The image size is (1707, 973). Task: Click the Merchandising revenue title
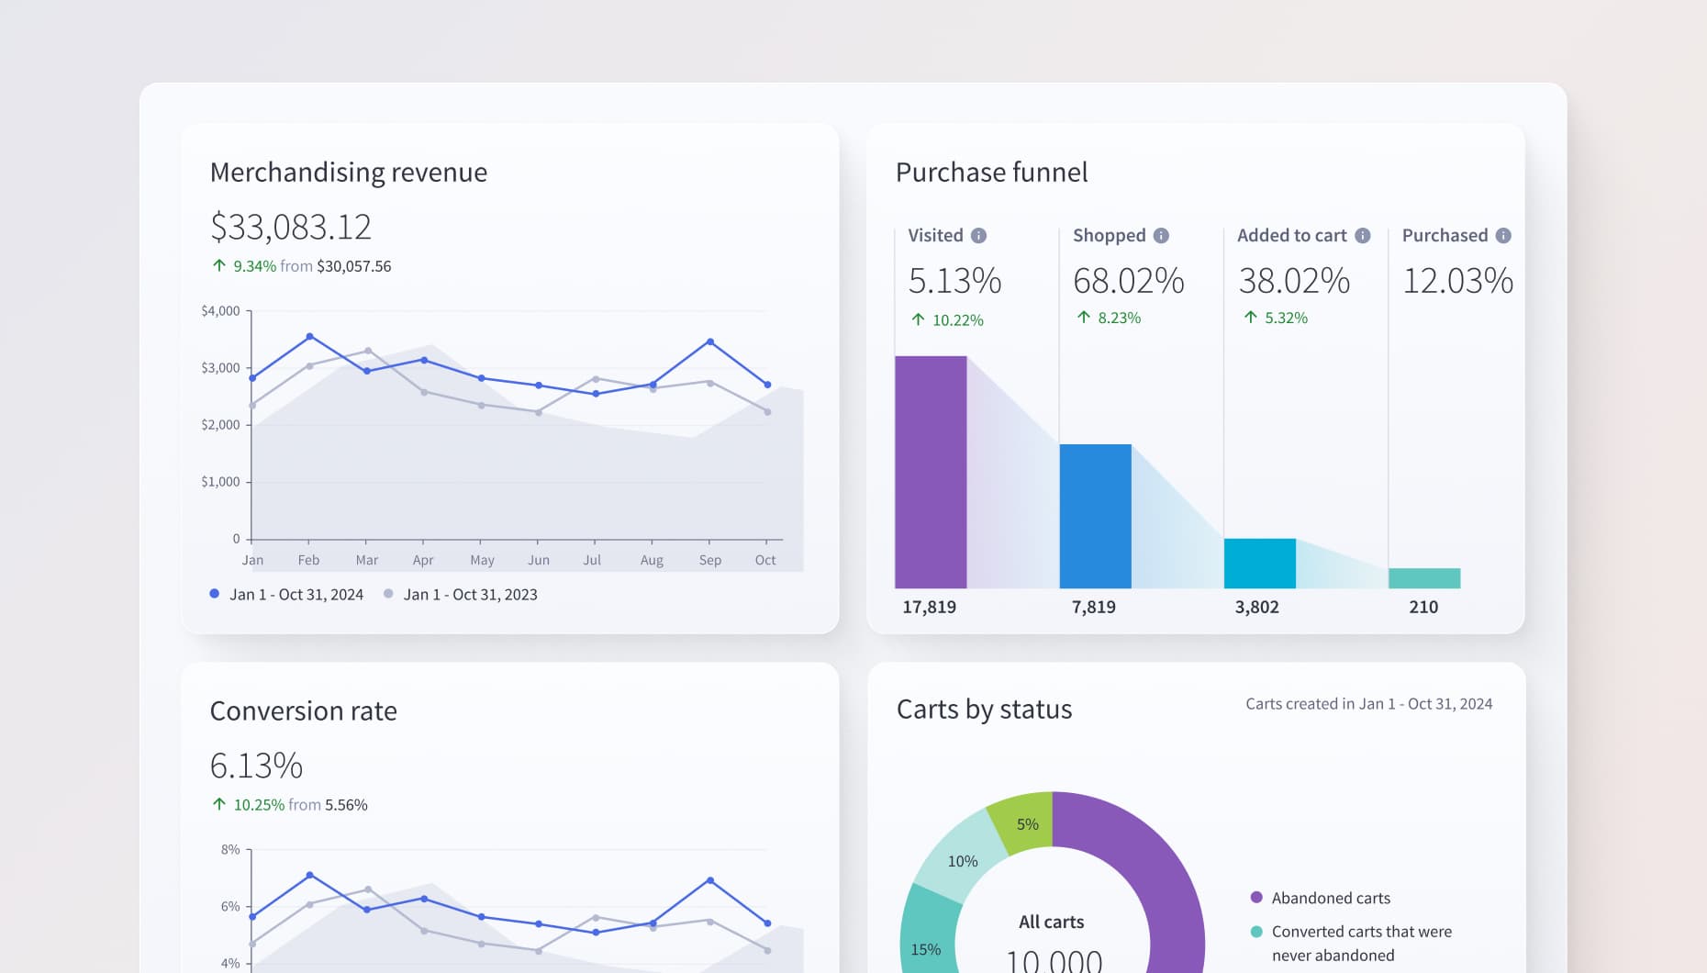(349, 173)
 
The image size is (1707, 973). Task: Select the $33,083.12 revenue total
(291, 227)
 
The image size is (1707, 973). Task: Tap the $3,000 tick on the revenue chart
(220, 368)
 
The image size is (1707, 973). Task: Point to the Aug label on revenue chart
(652, 560)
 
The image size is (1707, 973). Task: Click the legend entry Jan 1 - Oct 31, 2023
(470, 595)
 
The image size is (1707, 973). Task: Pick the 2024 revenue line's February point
(309, 337)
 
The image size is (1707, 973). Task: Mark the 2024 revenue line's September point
(710, 342)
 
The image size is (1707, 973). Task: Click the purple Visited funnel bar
(931, 472)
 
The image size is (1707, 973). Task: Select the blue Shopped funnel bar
(1095, 516)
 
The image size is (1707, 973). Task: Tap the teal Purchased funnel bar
(1424, 578)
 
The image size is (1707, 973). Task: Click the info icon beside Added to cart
(1363, 236)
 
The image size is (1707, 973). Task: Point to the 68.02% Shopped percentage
(1129, 281)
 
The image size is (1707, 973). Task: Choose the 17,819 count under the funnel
(929, 607)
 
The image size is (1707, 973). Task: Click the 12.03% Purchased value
(1457, 281)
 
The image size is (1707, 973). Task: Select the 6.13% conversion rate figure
(256, 766)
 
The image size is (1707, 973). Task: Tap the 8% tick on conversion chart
(230, 850)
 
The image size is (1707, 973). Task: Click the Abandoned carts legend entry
(1330, 898)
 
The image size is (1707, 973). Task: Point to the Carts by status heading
(984, 710)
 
